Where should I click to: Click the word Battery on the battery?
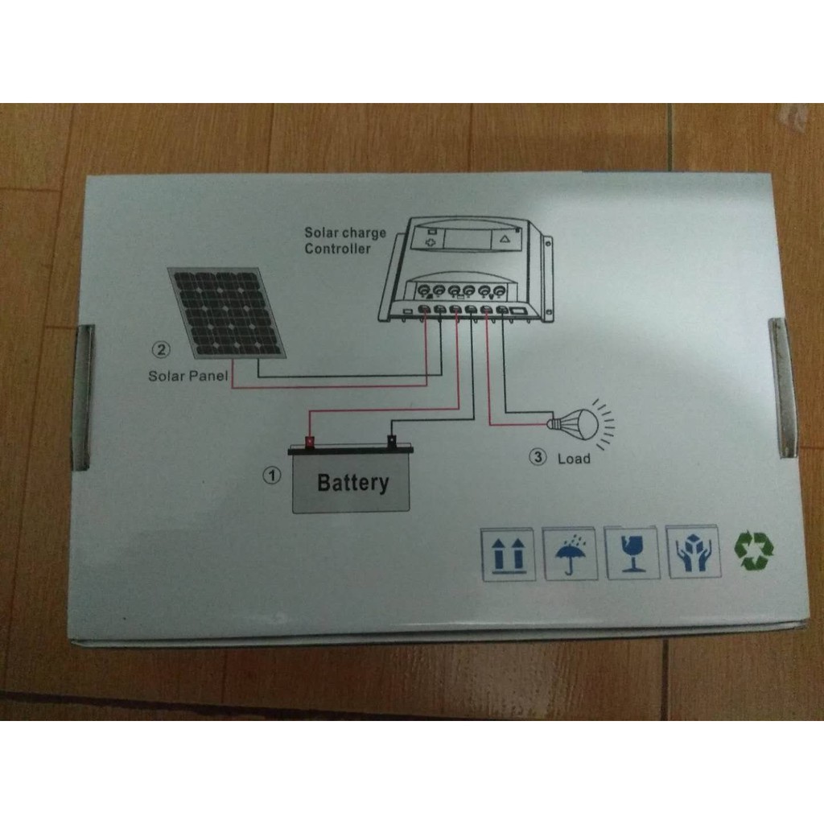click(x=352, y=483)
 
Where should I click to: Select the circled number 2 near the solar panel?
click(x=161, y=349)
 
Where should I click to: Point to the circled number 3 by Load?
click(x=538, y=457)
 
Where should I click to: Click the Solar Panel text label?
click(x=188, y=376)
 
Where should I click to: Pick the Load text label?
click(x=574, y=459)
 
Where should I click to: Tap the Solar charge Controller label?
click(x=344, y=241)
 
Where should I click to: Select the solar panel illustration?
click(x=228, y=312)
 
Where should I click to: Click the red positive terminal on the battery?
click(x=310, y=441)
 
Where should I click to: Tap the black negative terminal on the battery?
click(x=392, y=441)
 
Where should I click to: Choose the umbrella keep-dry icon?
click(x=570, y=553)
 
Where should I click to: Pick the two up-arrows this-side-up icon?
click(x=507, y=554)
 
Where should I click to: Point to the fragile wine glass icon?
click(x=632, y=553)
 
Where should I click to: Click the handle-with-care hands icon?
click(x=693, y=554)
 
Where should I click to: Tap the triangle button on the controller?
click(x=505, y=238)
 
